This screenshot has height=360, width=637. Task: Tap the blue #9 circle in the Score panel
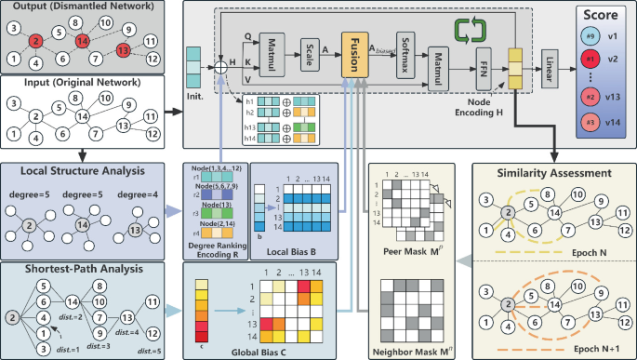pyautogui.click(x=590, y=35)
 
